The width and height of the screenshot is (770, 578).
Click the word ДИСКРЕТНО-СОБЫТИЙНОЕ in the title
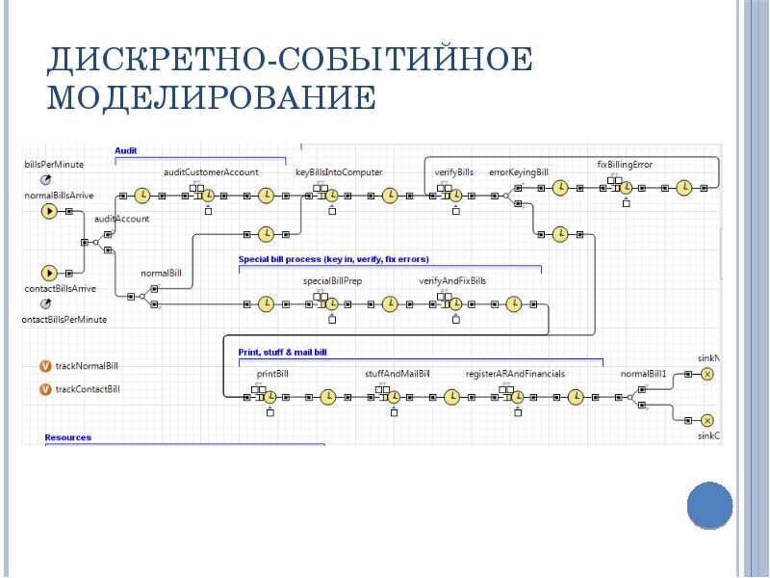[x=289, y=60]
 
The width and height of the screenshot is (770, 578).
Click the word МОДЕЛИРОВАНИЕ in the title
[x=212, y=97]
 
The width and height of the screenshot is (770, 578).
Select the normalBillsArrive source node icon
[x=46, y=212]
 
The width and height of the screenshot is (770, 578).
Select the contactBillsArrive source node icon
[x=46, y=273]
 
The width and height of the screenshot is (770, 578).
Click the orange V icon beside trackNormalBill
[x=44, y=366]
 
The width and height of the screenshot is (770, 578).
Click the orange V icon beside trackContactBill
[x=44, y=389]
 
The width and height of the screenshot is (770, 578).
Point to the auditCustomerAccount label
[x=211, y=171]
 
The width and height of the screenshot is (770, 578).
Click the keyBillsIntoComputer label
[x=339, y=171]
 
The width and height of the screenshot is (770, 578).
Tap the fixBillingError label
[x=625, y=165]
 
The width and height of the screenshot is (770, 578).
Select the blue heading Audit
[x=126, y=150]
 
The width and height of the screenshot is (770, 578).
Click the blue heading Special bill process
[x=333, y=259]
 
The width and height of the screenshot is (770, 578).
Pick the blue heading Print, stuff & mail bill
[x=282, y=353]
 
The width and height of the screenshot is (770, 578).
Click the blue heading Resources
[x=68, y=437]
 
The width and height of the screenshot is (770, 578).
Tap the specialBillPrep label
[x=332, y=281]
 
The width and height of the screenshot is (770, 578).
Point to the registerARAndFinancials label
[x=515, y=373]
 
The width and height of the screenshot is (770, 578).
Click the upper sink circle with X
[x=706, y=374]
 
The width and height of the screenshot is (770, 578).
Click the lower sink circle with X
[x=706, y=420]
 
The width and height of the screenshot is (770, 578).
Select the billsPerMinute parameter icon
[x=44, y=180]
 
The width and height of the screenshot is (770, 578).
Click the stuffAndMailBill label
[x=397, y=373]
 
